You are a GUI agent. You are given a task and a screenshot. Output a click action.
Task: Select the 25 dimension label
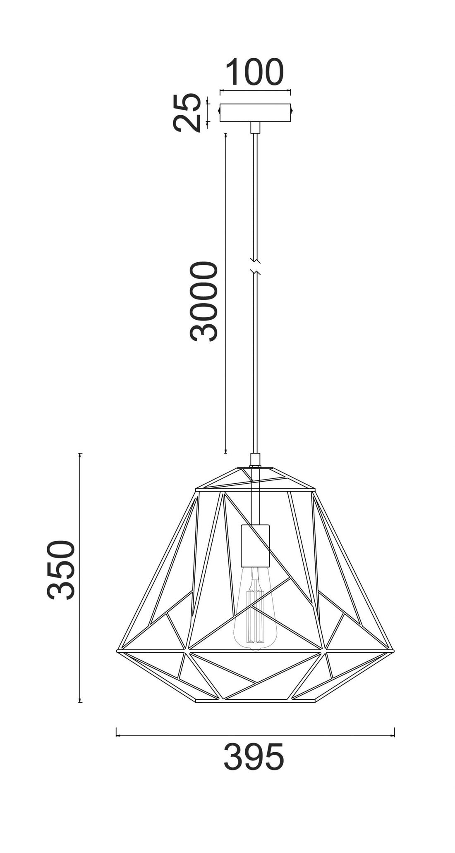[187, 113]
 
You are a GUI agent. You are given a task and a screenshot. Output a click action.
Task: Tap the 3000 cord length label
[204, 301]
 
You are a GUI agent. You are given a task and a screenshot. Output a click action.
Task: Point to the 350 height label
[62, 570]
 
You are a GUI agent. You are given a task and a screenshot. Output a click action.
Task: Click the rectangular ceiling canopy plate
[255, 113]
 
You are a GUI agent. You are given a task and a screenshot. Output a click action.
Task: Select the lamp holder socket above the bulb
[255, 545]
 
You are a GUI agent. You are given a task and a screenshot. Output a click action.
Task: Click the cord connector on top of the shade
[255, 459]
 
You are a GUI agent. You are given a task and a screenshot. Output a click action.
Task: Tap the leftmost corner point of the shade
[117, 650]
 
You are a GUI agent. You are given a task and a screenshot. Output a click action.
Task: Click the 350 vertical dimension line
[80, 578]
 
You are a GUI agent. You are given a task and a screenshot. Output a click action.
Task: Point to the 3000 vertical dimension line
[225, 293]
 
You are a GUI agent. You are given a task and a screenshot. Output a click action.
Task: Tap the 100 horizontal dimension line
[255, 90]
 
